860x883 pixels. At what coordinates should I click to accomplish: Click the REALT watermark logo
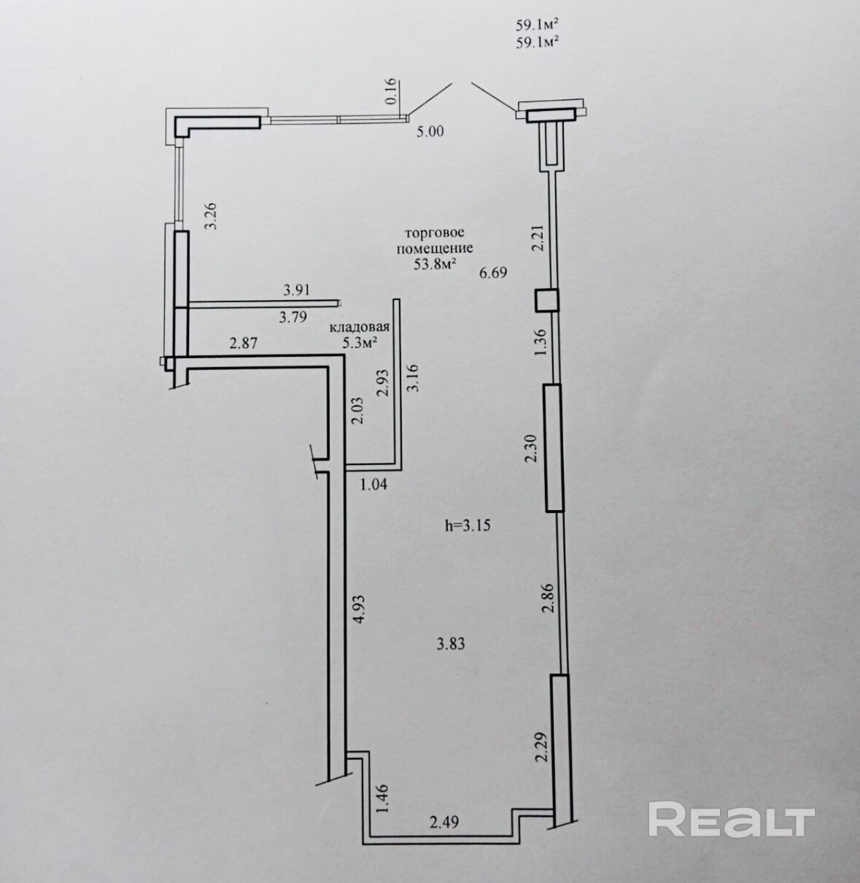731,820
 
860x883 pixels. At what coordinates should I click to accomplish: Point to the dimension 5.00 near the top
430,132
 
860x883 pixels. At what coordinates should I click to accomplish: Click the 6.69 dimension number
492,273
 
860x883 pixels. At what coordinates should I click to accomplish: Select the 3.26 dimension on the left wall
212,216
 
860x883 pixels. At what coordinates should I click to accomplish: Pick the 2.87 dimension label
243,343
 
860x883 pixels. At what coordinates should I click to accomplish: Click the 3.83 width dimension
450,644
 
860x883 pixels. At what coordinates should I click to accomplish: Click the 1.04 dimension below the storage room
376,483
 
